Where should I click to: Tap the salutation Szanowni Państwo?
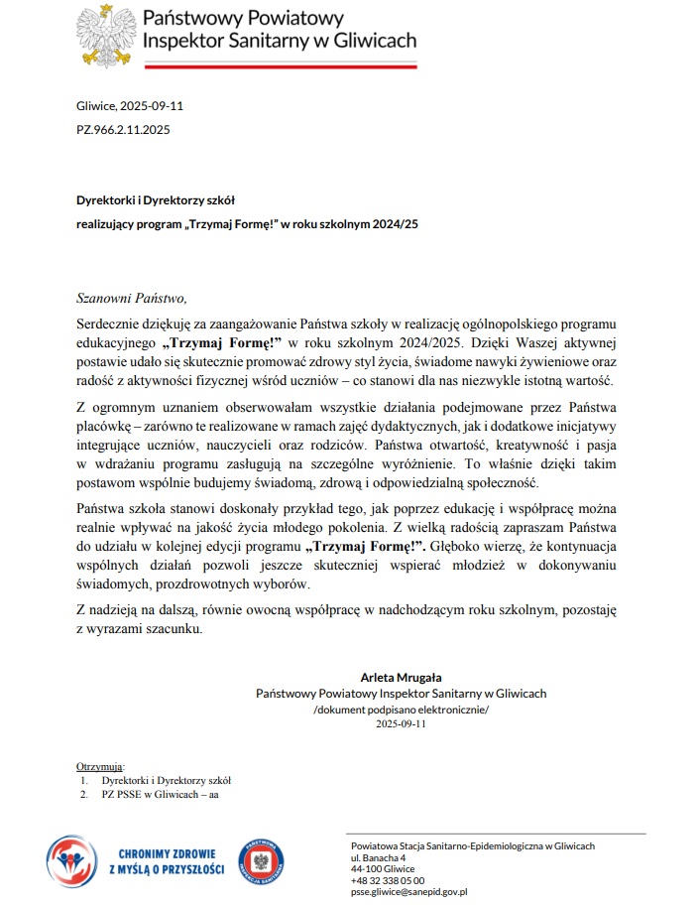[x=131, y=297]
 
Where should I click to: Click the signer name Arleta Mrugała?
[x=401, y=677]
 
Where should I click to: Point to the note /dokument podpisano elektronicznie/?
[x=401, y=710]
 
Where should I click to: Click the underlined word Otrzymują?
[x=100, y=767]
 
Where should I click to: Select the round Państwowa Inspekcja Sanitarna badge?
[x=263, y=858]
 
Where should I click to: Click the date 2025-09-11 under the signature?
[x=401, y=723]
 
